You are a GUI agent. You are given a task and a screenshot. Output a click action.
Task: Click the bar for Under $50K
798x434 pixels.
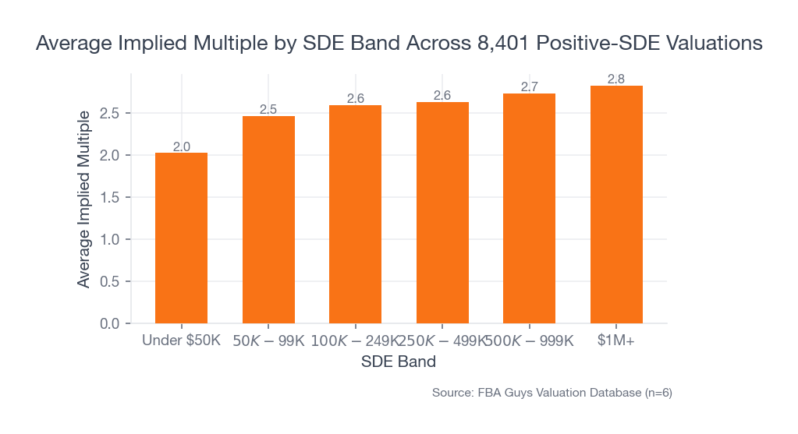click(x=181, y=238)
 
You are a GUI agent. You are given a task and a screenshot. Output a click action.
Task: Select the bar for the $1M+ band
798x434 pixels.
click(x=616, y=204)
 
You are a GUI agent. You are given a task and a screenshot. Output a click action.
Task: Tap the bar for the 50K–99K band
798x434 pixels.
click(x=268, y=220)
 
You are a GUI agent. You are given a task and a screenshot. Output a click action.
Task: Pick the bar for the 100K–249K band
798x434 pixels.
click(x=355, y=214)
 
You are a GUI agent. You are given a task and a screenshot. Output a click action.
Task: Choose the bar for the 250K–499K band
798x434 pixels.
click(x=442, y=213)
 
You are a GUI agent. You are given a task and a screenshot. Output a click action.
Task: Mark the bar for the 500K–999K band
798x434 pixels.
click(x=529, y=208)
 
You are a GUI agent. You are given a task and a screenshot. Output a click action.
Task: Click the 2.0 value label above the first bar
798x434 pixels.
click(x=181, y=146)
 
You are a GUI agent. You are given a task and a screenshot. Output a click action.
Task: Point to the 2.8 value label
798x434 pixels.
click(x=616, y=79)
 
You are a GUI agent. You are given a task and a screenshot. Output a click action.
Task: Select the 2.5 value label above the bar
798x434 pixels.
click(x=268, y=110)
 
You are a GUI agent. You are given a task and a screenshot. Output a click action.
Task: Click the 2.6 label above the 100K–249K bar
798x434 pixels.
click(x=355, y=99)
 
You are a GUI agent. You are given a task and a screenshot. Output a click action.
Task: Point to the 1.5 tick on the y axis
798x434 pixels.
click(x=110, y=197)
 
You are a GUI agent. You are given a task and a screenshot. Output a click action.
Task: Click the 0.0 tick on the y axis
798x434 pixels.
click(x=110, y=323)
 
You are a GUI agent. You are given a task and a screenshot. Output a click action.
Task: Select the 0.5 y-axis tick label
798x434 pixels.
click(x=110, y=281)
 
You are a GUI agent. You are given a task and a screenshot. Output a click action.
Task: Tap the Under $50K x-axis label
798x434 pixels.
click(x=181, y=341)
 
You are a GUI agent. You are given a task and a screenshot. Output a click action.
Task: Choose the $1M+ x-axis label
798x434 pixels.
click(x=616, y=341)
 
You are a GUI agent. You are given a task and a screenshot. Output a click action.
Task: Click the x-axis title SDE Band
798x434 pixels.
click(x=399, y=362)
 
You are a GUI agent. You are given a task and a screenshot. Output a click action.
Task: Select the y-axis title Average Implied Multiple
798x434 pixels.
click(x=83, y=198)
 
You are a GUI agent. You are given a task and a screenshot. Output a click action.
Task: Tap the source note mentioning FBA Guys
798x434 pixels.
click(x=552, y=393)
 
